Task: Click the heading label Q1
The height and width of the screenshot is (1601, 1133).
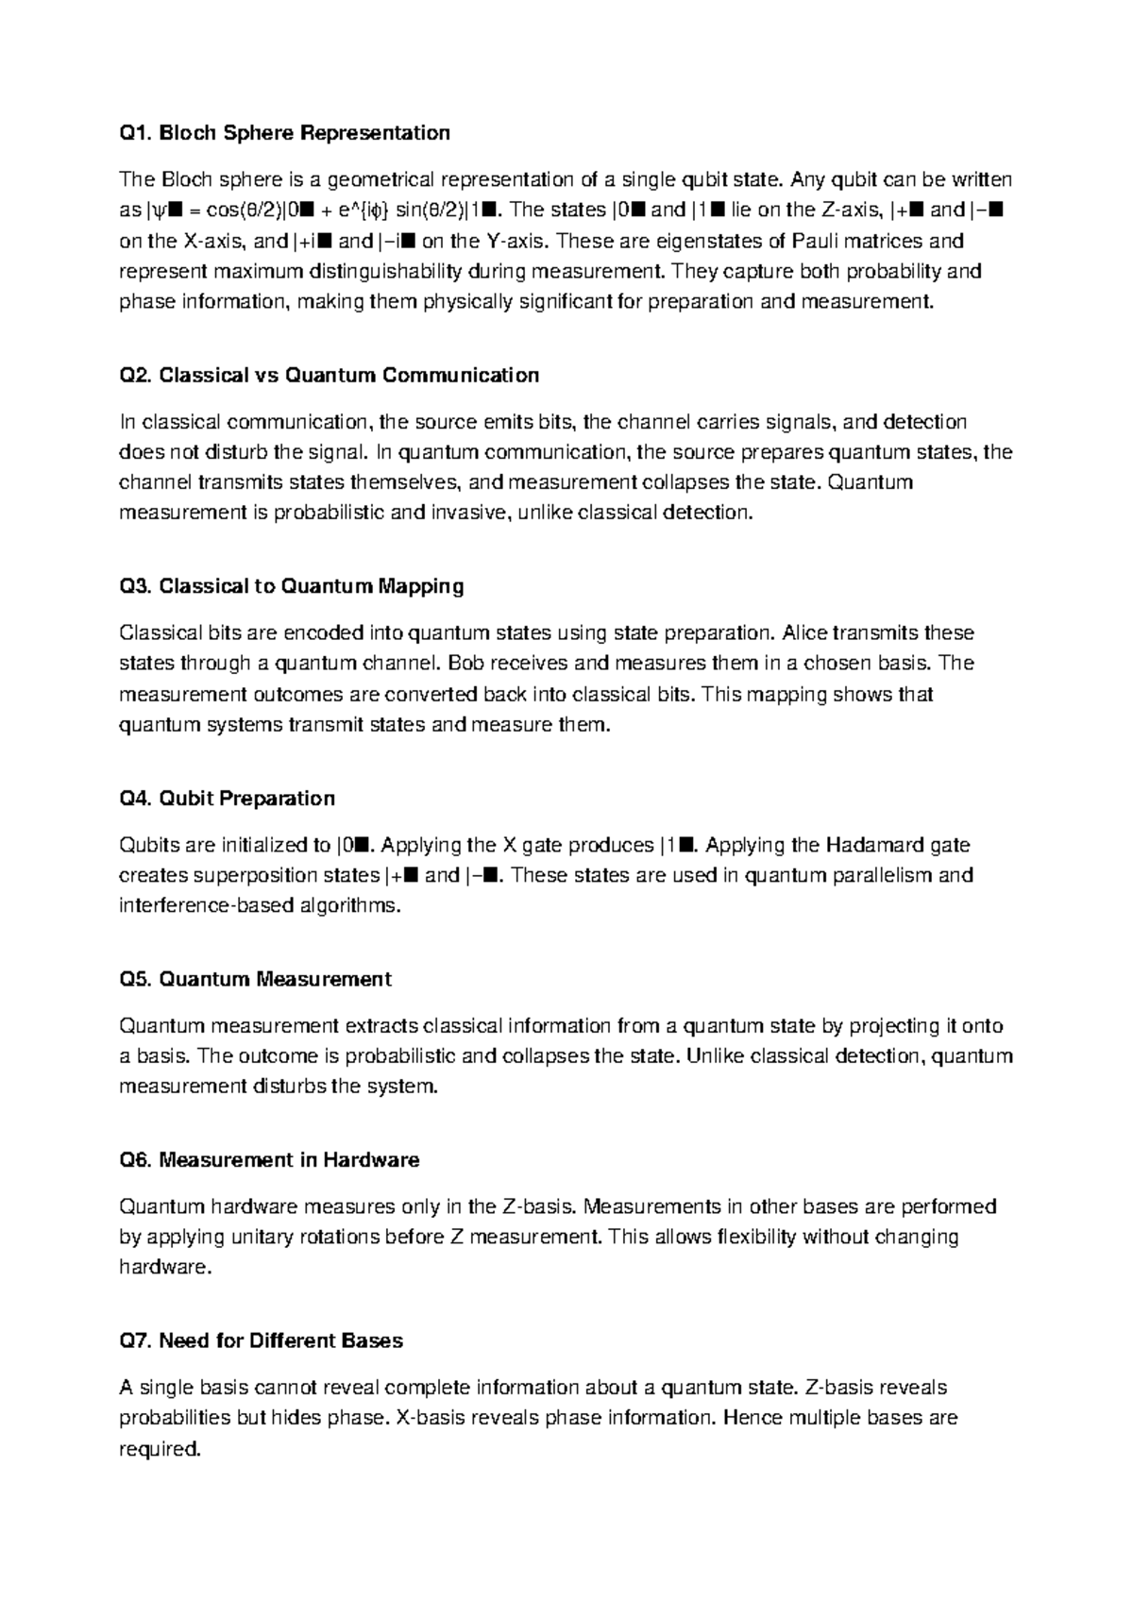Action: pyautogui.click(x=135, y=133)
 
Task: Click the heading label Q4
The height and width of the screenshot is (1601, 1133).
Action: pyautogui.click(x=135, y=799)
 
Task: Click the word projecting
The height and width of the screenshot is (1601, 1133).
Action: pyautogui.click(x=893, y=1026)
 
